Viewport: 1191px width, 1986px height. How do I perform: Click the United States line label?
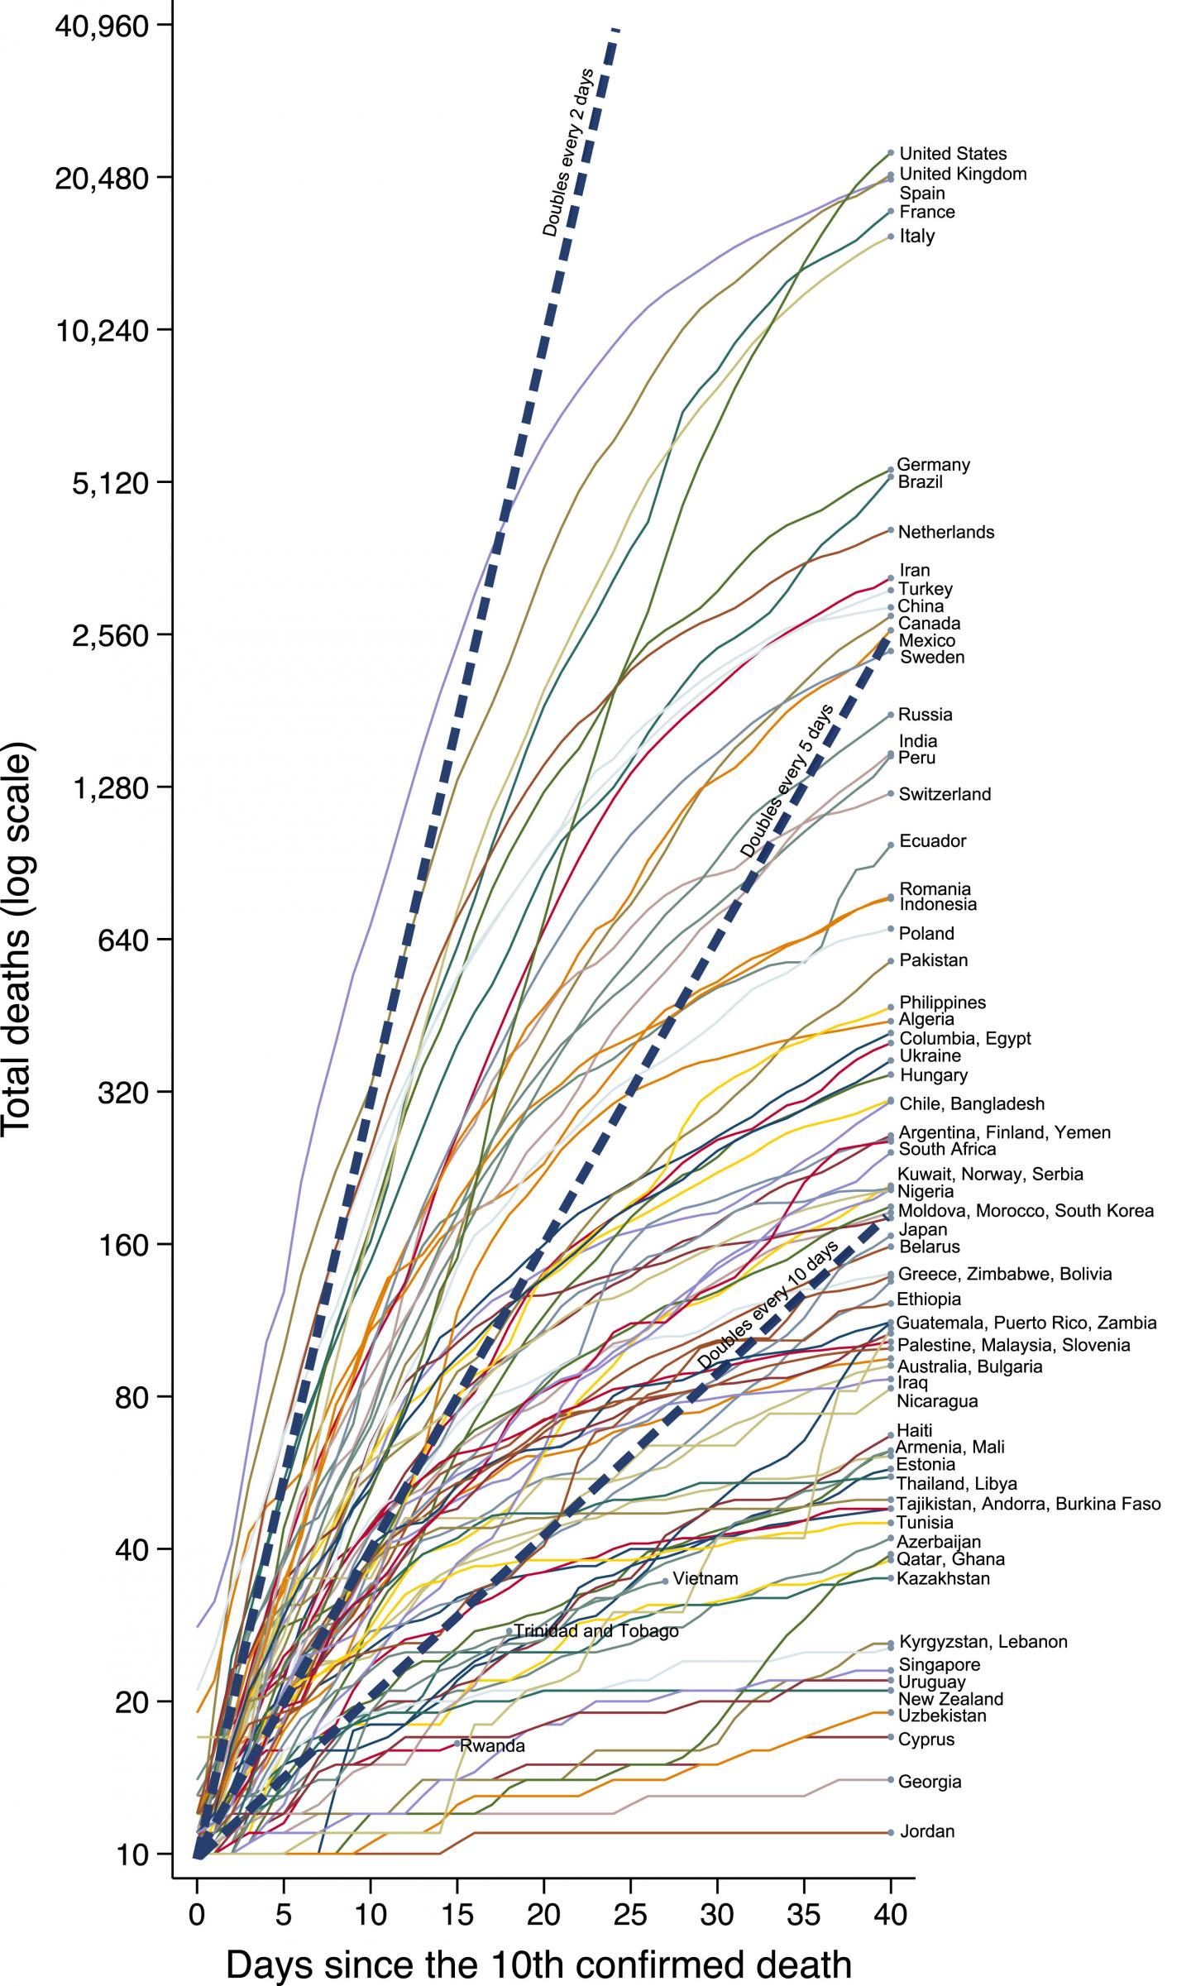953,154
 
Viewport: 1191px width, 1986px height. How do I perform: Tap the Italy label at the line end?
917,237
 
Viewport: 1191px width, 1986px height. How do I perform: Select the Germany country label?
933,465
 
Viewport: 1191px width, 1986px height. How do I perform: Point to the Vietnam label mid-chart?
705,1578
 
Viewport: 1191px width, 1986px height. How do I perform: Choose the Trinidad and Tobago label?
595,1631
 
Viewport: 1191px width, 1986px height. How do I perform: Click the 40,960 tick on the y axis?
102,26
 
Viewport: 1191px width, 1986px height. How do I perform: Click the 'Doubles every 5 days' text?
787,780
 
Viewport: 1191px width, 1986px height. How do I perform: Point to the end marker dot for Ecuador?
891,845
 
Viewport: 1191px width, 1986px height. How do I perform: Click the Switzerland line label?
945,794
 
